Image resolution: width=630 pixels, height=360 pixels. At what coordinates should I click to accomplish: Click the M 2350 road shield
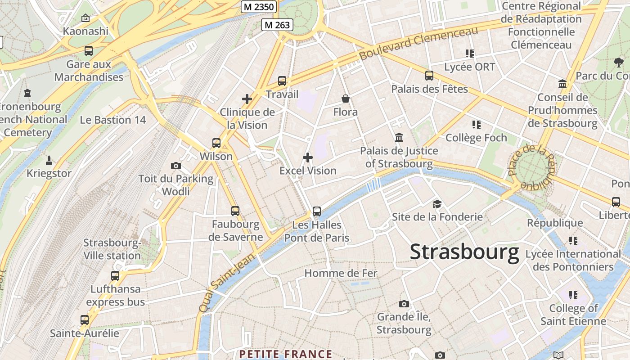(x=259, y=7)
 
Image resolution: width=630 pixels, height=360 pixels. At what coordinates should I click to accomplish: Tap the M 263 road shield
(x=277, y=25)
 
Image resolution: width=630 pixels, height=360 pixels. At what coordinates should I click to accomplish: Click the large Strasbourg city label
(x=464, y=252)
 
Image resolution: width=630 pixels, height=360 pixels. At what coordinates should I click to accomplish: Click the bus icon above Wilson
(x=216, y=143)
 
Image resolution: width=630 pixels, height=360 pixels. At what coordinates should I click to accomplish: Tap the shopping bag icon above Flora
(x=346, y=98)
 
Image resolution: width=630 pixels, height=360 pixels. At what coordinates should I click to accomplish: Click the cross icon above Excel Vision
(x=308, y=157)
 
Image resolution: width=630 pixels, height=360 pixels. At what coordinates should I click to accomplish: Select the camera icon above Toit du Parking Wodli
(x=176, y=166)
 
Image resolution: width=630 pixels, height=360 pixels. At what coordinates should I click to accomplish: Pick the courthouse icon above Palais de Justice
(x=399, y=137)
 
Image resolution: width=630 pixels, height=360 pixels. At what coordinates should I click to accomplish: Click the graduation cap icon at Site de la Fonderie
(x=437, y=204)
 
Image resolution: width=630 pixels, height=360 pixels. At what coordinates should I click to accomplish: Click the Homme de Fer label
(x=341, y=273)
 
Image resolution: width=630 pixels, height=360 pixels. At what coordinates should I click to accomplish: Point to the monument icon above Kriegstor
(x=49, y=160)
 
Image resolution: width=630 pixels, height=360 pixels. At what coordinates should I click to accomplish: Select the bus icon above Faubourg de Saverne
(x=235, y=211)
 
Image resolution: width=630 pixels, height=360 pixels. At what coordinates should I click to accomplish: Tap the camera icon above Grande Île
(x=404, y=304)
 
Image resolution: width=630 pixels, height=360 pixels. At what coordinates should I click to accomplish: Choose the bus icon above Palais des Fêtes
(x=429, y=76)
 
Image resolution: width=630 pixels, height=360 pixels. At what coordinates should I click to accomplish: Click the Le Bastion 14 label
(x=113, y=120)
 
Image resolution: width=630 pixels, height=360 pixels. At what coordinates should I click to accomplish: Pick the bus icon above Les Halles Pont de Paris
(x=317, y=211)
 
